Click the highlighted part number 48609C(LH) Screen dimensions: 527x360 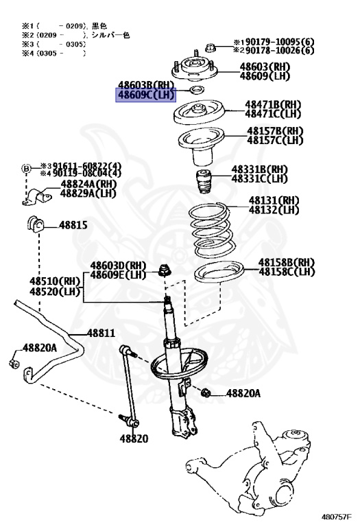[145, 95]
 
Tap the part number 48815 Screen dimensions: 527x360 [73, 224]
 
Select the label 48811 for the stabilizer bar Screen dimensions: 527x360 [100, 333]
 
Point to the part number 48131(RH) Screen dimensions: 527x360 [274, 200]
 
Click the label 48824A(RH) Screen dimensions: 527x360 [88, 185]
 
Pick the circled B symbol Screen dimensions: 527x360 [26, 169]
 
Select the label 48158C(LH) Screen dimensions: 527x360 [286, 272]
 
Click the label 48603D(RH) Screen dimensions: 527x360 [118, 266]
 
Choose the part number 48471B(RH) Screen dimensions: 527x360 [274, 104]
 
